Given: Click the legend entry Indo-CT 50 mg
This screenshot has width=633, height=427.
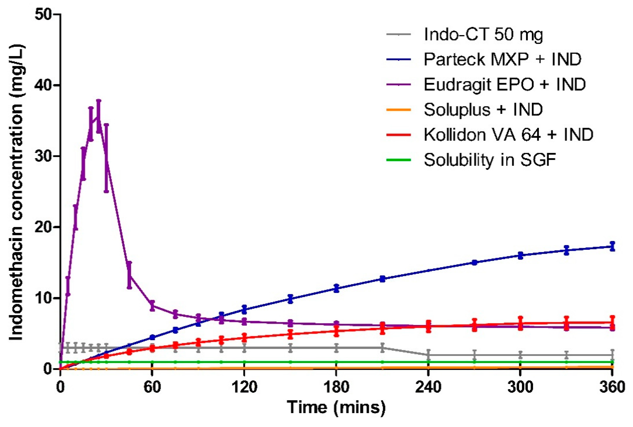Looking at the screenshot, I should (483, 35).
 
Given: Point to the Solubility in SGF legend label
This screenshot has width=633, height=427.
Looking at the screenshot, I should (490, 160).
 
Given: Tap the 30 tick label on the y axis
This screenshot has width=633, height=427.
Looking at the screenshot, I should (44, 156).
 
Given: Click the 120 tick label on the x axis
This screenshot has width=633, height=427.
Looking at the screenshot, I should (244, 387).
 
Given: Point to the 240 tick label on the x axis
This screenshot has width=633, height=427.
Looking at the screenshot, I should (428, 387).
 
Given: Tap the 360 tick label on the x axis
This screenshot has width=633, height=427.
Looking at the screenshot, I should (612, 387).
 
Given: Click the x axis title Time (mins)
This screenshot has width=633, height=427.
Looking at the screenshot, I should (336, 407).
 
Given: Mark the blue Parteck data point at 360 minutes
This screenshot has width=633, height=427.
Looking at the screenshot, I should (612, 247).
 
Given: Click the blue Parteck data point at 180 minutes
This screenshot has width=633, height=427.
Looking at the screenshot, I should (336, 288).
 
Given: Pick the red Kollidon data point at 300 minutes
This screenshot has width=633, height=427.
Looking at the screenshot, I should (520, 324).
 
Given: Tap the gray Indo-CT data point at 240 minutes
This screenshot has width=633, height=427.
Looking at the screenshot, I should (428, 355).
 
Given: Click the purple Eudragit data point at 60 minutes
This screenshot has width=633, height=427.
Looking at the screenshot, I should (152, 306).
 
